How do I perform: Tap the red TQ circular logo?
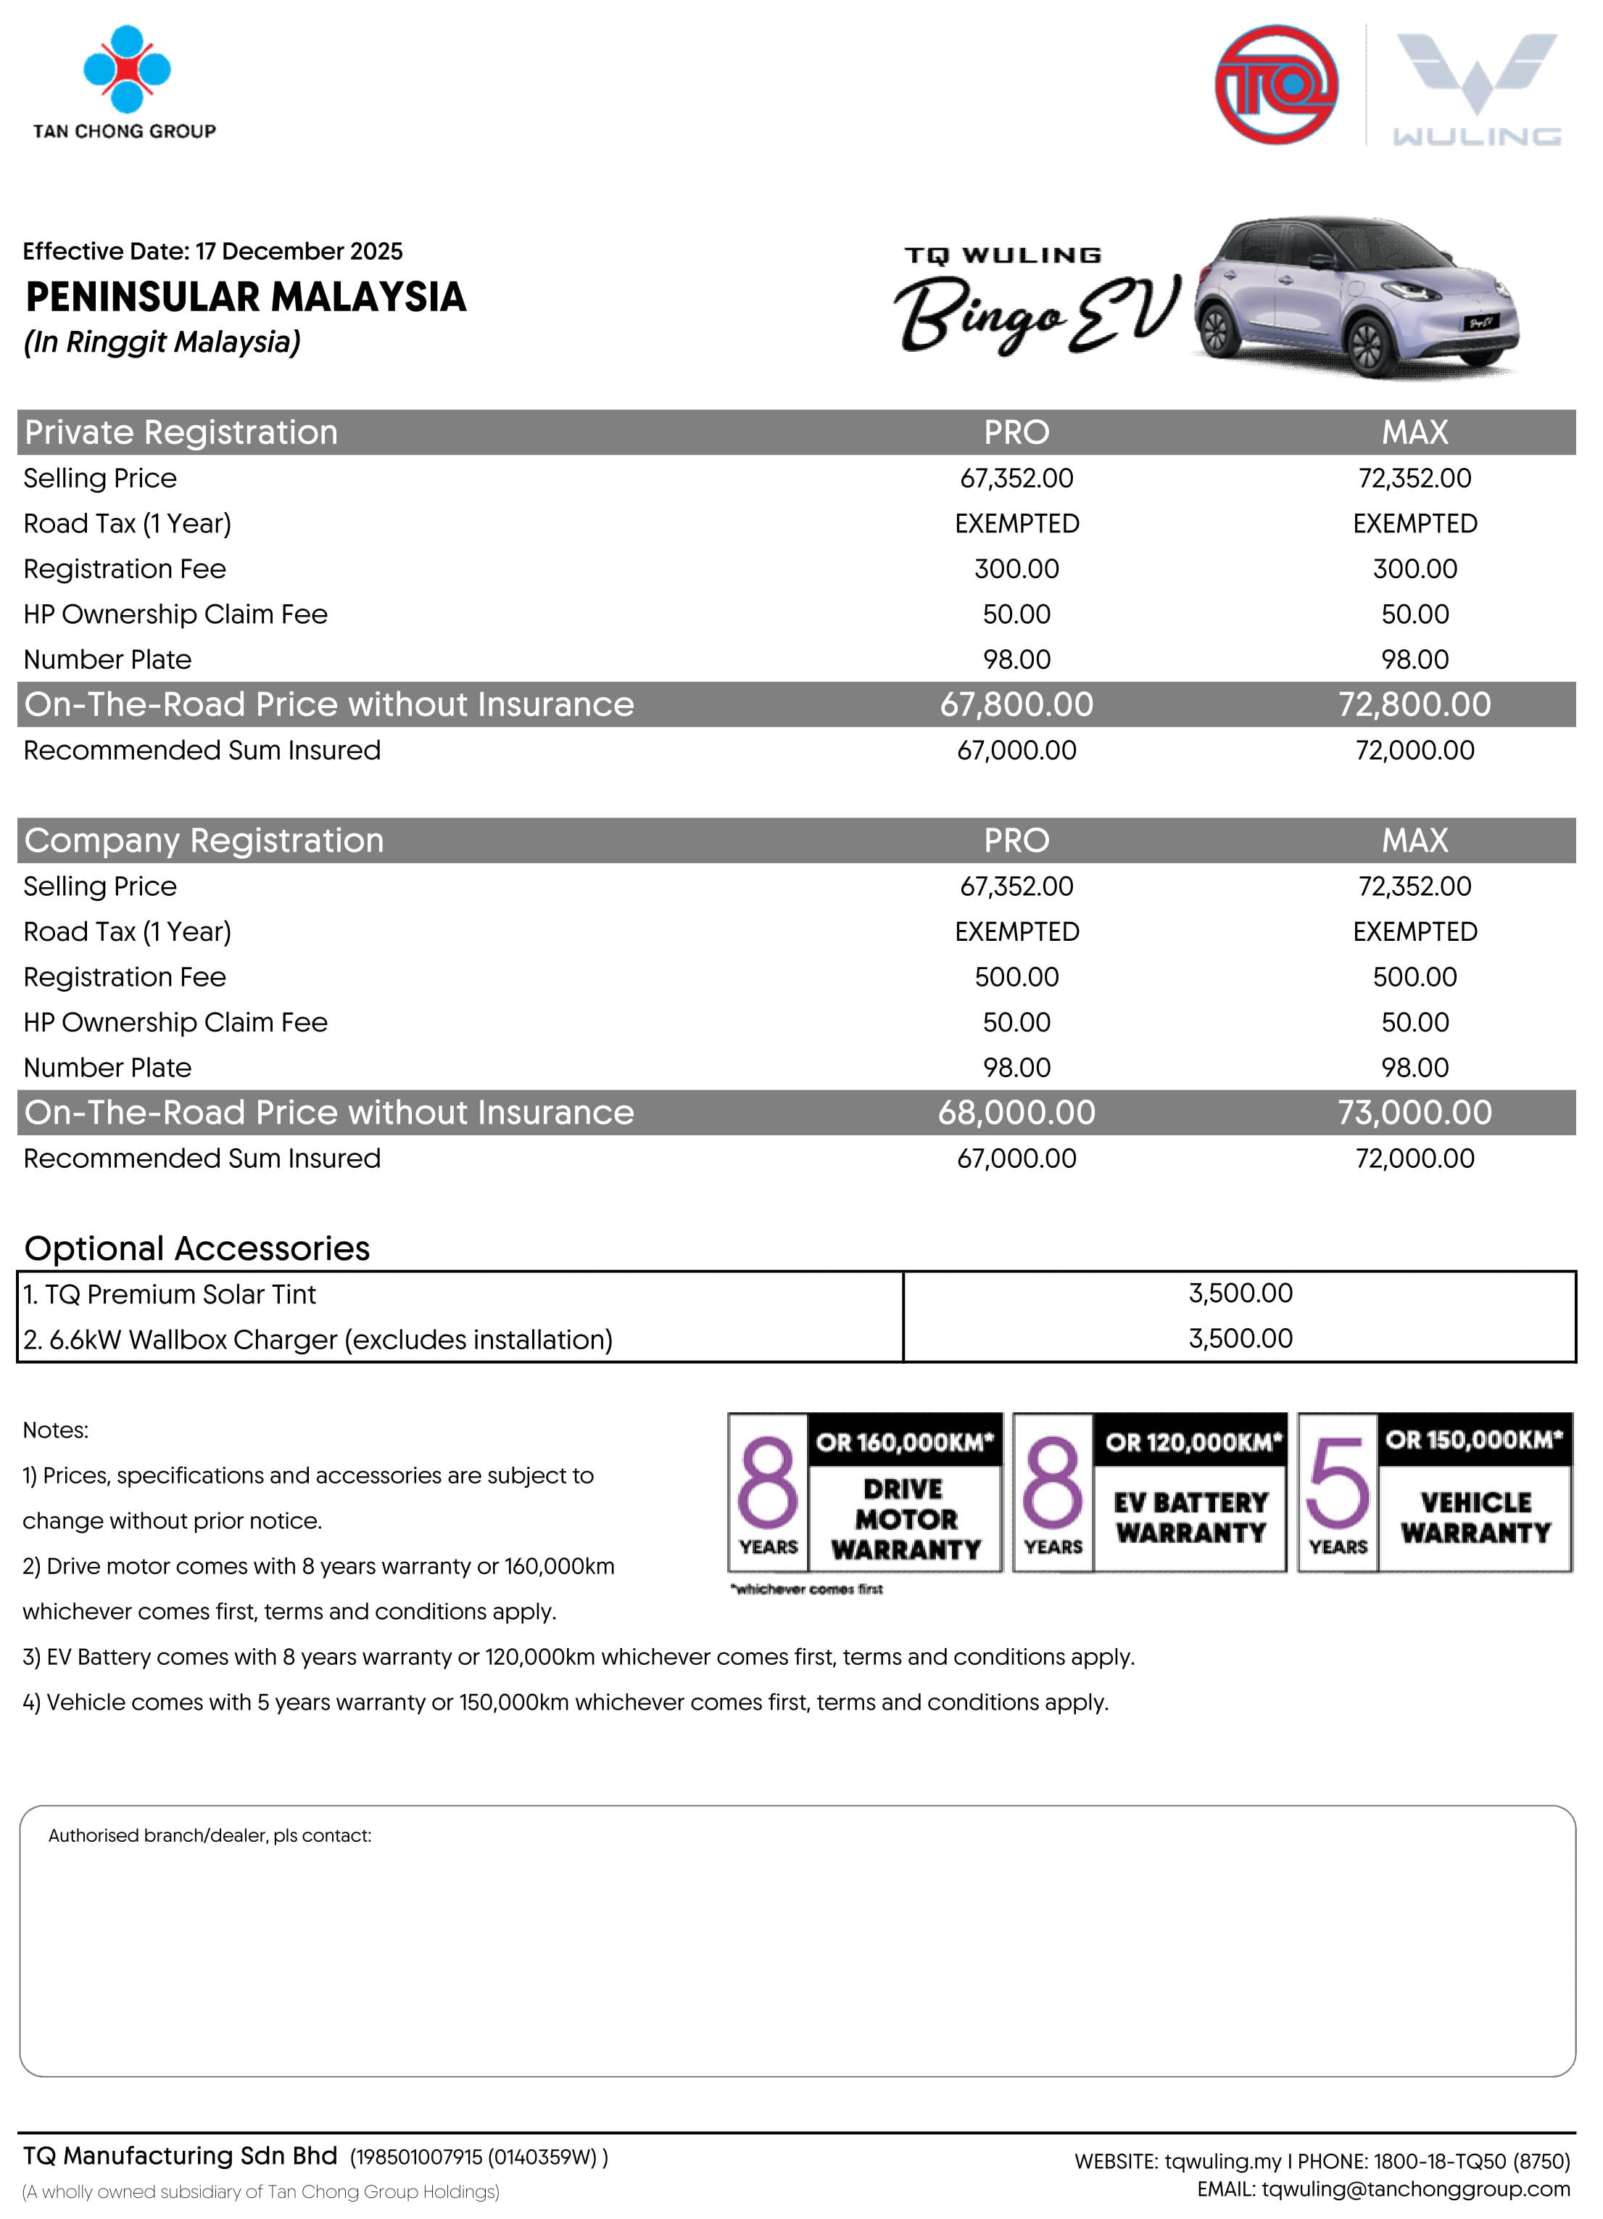pyautogui.click(x=1275, y=85)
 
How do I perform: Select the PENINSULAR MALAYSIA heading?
pyautogui.click(x=246, y=297)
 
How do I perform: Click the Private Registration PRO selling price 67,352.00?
pyautogui.click(x=1016, y=479)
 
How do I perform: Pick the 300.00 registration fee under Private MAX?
pyautogui.click(x=1414, y=569)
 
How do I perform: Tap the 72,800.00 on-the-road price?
pyautogui.click(x=1414, y=704)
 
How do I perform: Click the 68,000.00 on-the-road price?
pyautogui.click(x=1016, y=1113)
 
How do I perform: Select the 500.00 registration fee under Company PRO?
pyautogui.click(x=1016, y=977)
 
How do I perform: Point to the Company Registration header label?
pyautogui.click(x=204, y=841)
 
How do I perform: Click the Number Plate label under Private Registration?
pyautogui.click(x=107, y=660)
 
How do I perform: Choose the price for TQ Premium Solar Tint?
pyautogui.click(x=1240, y=1293)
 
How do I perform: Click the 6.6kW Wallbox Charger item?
pyautogui.click(x=318, y=1339)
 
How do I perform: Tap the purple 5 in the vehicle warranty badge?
pyautogui.click(x=1337, y=1483)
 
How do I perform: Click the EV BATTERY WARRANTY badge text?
pyautogui.click(x=1190, y=1518)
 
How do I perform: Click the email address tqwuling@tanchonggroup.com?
pyautogui.click(x=1415, y=2190)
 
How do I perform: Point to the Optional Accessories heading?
pyautogui.click(x=196, y=1248)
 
